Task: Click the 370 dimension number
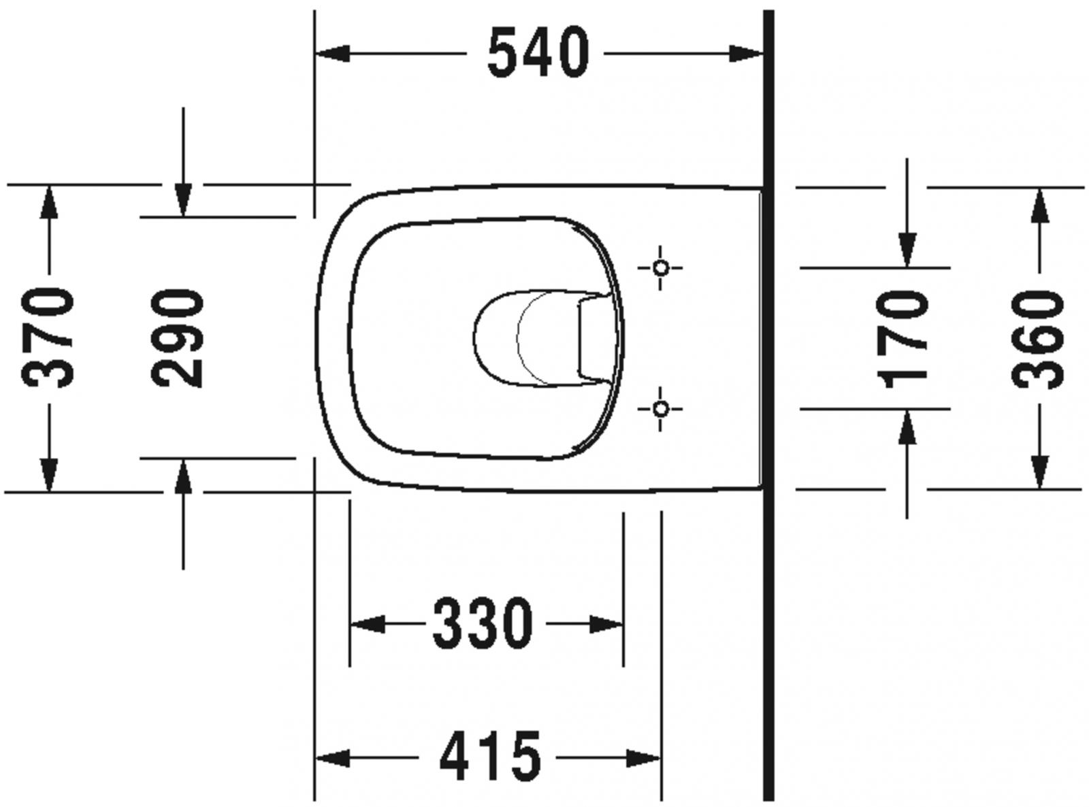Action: (x=48, y=338)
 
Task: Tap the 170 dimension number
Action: (x=905, y=338)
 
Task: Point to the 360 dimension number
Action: (x=1038, y=338)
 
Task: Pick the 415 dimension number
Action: (x=490, y=757)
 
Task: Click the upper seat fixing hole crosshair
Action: (x=660, y=267)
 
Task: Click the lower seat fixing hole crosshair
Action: (x=660, y=408)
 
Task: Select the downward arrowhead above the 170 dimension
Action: (x=907, y=250)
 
